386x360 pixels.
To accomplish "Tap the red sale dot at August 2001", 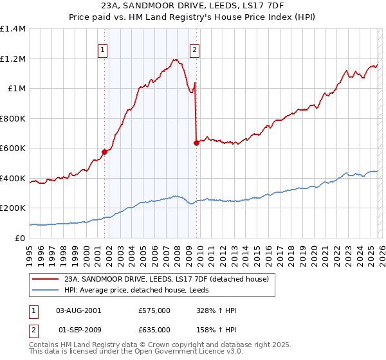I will (x=104, y=152).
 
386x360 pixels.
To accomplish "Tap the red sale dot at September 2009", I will (x=196, y=143).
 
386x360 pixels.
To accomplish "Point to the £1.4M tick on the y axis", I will (x=13, y=29).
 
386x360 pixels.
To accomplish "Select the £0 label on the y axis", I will (x=19, y=238).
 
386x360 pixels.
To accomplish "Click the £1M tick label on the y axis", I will (x=16, y=89).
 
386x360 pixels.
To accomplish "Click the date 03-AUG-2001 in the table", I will (x=78, y=310).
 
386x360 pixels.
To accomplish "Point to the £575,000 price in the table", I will (x=155, y=310).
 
